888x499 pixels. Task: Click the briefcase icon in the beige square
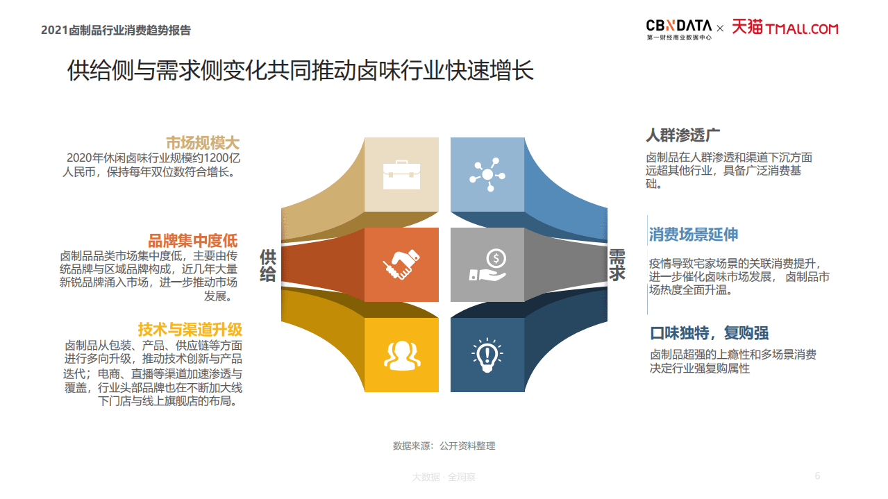[401, 174]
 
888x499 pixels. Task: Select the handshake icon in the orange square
[401, 264]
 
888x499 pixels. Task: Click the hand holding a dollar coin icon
[488, 264]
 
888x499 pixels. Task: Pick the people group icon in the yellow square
[401, 354]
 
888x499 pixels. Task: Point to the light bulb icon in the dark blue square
[487, 354]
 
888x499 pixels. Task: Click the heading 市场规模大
[202, 143]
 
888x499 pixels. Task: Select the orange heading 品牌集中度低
[193, 241]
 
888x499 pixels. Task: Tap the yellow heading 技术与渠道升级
[190, 329]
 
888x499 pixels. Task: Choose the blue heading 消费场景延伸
[693, 235]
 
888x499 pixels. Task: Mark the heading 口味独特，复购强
[709, 332]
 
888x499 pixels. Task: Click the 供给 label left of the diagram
[268, 265]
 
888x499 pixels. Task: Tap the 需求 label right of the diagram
[617, 265]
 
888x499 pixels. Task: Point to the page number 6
[817, 475]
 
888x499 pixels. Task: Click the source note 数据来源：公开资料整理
[444, 446]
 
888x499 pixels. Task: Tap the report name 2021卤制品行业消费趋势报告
[116, 30]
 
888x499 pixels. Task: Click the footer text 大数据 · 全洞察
[444, 477]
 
